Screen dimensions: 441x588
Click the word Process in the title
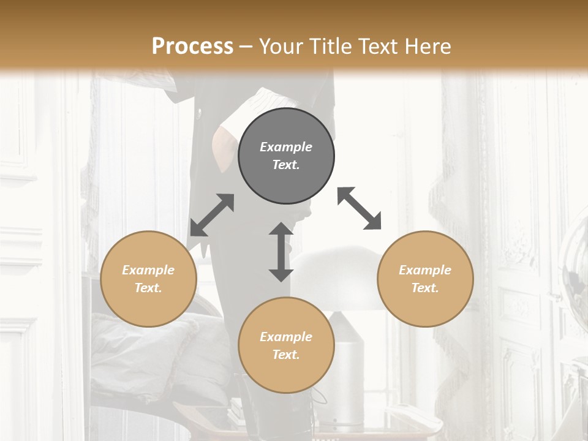[192, 46]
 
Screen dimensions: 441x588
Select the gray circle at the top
[286, 156]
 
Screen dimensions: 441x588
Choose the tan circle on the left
[148, 279]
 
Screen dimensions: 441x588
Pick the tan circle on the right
[425, 279]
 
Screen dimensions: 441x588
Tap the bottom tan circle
[286, 345]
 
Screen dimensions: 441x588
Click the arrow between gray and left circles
[212, 215]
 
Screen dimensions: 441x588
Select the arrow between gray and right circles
[360, 208]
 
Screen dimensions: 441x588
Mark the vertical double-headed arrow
[281, 252]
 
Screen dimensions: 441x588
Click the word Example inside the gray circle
[286, 147]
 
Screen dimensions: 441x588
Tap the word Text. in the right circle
[425, 288]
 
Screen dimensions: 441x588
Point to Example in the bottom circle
[286, 336]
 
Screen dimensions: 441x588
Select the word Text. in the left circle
[148, 288]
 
